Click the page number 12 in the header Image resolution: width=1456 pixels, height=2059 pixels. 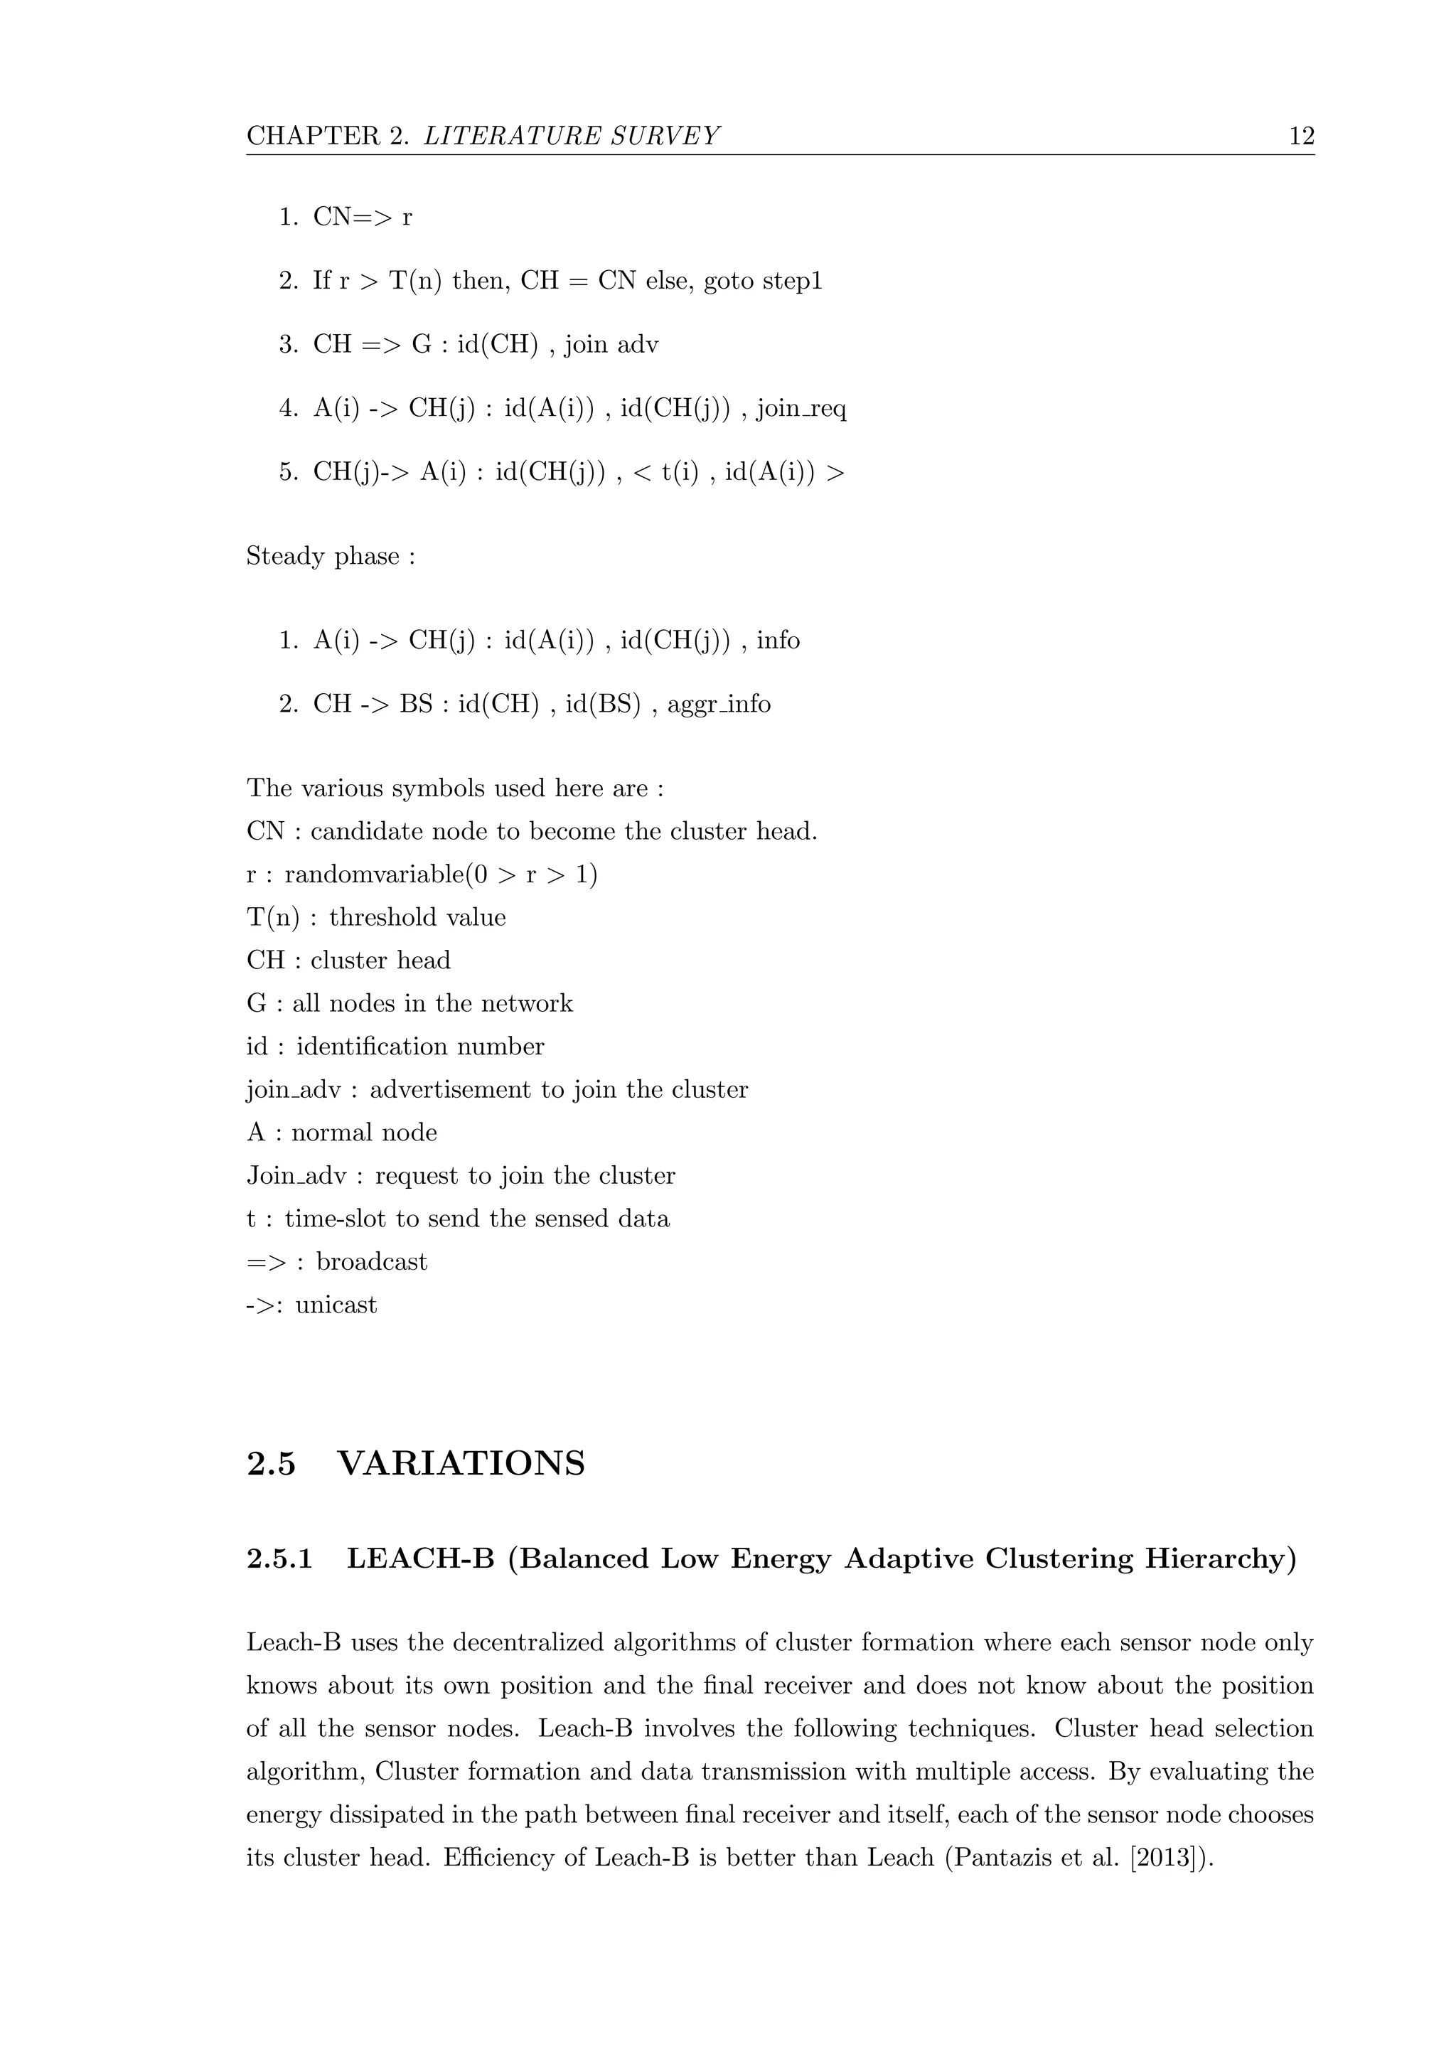[1301, 137]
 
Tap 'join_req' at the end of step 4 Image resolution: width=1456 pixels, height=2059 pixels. [801, 409]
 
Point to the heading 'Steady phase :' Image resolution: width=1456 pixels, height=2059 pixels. [331, 557]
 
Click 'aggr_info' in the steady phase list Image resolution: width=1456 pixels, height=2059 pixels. [719, 705]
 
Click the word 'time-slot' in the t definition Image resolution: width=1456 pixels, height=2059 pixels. [331, 1219]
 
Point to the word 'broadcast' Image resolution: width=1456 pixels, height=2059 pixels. [372, 1262]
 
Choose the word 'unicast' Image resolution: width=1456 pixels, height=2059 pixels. [336, 1305]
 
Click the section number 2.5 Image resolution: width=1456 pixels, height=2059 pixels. [271, 1463]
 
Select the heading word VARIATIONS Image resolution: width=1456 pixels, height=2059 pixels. [461, 1463]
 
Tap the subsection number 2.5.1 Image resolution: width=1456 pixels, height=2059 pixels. [279, 1559]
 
